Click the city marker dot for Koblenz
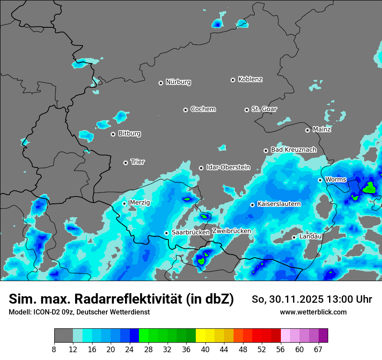pos(233,80)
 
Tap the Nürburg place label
pos(178,82)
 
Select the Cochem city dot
pos(185,110)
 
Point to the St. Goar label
pos(264,109)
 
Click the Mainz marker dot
pos(307,130)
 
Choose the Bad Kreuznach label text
pos(293,150)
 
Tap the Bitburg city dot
pos(113,134)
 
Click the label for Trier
pos(138,162)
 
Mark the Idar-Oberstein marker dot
pos(201,168)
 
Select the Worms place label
pos(336,180)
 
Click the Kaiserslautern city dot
pos(252,205)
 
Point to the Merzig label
pos(140,203)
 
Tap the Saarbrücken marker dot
pos(166,233)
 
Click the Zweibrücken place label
pos(231,231)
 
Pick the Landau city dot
pos(294,237)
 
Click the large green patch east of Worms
pos(370,188)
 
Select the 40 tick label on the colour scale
pos(205,349)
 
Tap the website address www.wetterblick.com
pos(313,312)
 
